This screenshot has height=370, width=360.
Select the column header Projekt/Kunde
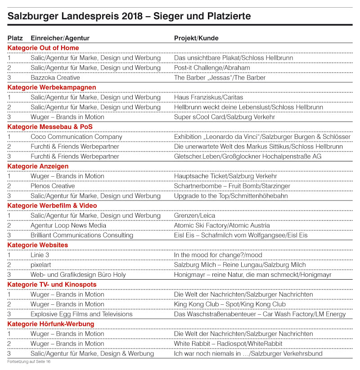pyautogui.click(x=196, y=38)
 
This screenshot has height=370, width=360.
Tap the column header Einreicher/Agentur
pyautogui.click(x=60, y=38)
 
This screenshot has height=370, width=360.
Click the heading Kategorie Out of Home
pyautogui.click(x=43, y=48)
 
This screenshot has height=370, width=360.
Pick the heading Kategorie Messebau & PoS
pyautogui.click(x=50, y=127)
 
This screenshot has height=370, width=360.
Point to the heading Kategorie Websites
pyautogui.click(x=38, y=245)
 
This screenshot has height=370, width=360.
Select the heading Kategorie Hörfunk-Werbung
pyautogui.click(x=51, y=324)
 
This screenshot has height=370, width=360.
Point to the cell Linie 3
pyautogui.click(x=41, y=255)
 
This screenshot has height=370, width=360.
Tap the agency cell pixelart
pyautogui.click(x=40, y=265)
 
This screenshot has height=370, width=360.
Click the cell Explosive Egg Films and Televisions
pyautogui.click(x=81, y=314)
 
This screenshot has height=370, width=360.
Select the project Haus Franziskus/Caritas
pyautogui.click(x=208, y=97)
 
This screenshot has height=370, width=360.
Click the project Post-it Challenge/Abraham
pyautogui.click(x=211, y=68)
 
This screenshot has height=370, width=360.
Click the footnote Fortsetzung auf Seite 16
pyautogui.click(x=28, y=361)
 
